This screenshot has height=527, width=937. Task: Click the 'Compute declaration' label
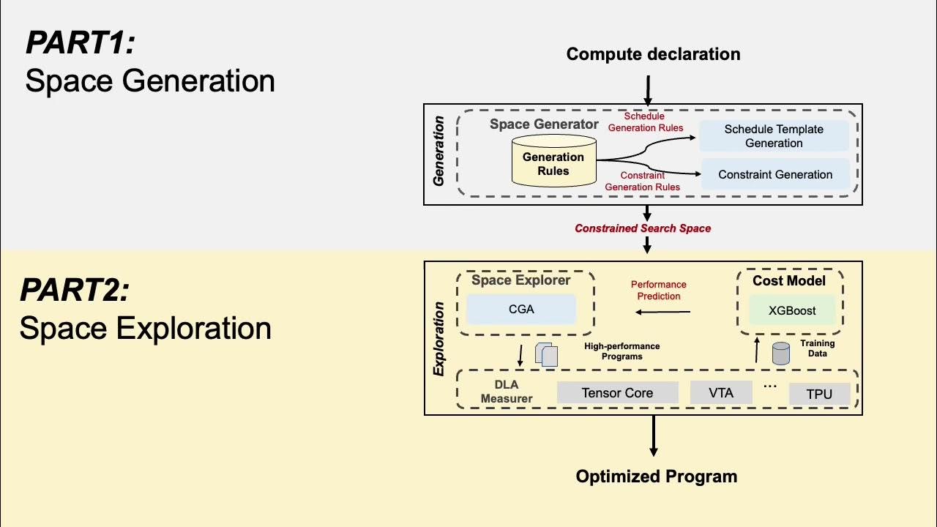click(653, 54)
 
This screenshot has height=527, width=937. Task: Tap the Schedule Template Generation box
click(774, 136)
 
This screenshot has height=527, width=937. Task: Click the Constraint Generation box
click(775, 174)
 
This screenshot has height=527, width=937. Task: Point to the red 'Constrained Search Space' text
click(643, 228)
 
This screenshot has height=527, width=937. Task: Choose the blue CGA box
click(521, 309)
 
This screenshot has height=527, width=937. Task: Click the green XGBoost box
click(792, 310)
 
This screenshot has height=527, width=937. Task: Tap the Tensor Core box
click(617, 392)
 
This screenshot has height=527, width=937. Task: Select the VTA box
click(721, 392)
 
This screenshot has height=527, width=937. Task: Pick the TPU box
click(819, 394)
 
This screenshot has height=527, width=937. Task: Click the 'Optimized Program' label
click(656, 476)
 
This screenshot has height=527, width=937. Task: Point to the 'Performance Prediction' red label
click(659, 290)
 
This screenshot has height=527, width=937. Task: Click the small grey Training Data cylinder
click(781, 354)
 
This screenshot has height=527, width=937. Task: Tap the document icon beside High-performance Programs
click(547, 354)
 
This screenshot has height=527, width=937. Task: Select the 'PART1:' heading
click(81, 43)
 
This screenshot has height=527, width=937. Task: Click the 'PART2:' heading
click(75, 291)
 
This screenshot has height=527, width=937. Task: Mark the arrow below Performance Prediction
click(662, 313)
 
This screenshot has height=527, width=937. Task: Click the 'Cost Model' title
click(789, 281)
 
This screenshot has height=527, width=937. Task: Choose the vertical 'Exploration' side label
click(438, 338)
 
